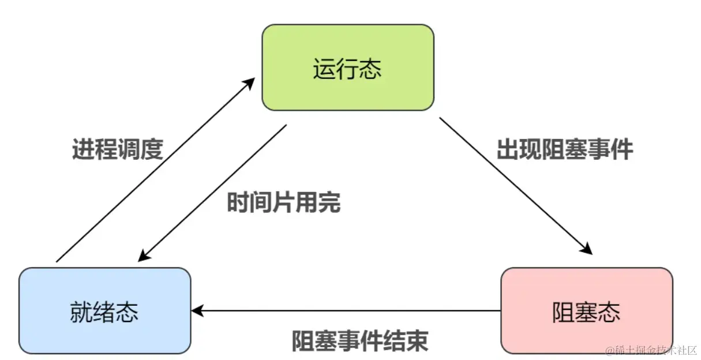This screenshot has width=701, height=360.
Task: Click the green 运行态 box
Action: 347,67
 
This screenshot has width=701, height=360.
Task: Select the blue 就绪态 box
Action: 104,310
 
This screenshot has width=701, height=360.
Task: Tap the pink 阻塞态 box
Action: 586,310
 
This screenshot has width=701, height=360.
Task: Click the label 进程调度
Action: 118,150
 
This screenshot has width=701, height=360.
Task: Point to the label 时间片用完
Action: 283,203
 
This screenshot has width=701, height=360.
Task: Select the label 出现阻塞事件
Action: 565,149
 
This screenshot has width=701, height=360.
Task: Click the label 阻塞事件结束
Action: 360,340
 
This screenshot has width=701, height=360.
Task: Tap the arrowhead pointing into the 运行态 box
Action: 249,81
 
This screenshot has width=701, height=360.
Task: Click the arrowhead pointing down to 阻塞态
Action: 587,249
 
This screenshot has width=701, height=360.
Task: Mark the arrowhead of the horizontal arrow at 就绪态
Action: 197,311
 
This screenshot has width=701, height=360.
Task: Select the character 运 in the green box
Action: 324,70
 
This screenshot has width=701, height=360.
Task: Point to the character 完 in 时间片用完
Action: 329,203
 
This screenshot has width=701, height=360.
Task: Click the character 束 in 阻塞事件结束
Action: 418,340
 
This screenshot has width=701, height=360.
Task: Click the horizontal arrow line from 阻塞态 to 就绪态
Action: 346,311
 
